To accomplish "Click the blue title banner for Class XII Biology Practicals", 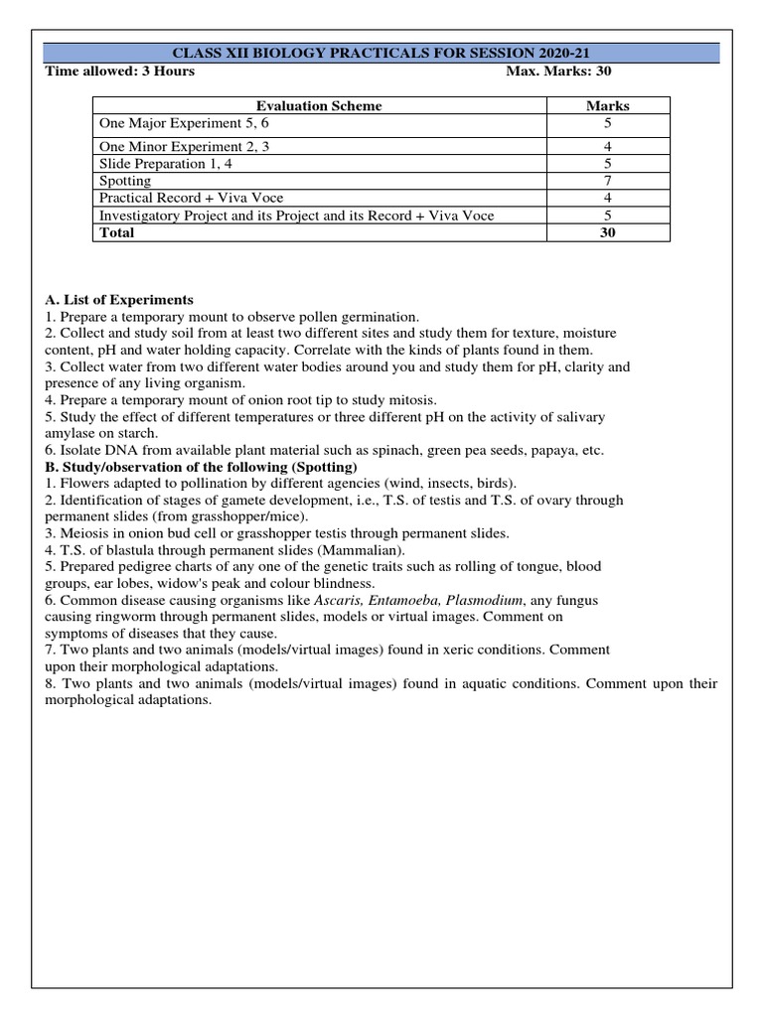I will click(381, 53).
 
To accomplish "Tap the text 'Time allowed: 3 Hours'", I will click(120, 72).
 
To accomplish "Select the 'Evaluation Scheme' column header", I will click(319, 105).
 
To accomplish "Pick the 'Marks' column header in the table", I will click(608, 105).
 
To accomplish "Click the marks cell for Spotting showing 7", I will click(608, 181).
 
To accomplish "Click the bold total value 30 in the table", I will click(608, 233).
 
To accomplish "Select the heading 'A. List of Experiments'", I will click(119, 300).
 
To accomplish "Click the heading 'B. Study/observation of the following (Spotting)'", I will click(202, 467).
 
